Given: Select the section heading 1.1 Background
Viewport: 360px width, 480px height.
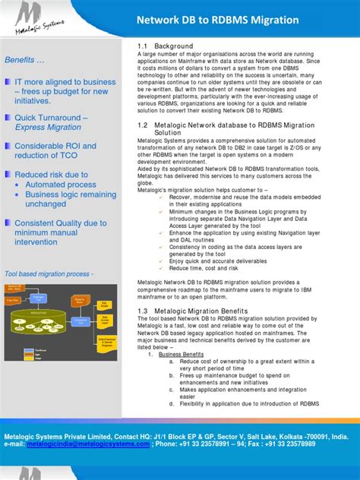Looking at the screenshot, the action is click(x=166, y=46).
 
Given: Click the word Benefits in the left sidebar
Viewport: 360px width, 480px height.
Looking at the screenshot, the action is click(x=23, y=60).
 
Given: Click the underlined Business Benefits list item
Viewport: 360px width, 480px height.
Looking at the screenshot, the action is click(x=181, y=355).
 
